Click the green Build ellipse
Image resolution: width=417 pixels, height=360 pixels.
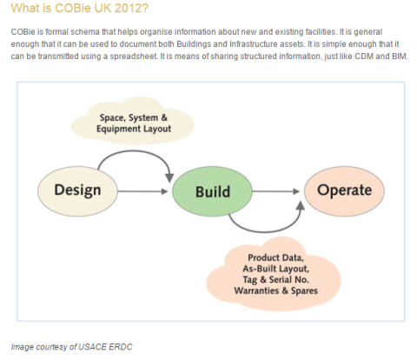point(212,191)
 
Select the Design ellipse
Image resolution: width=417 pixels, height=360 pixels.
point(77,191)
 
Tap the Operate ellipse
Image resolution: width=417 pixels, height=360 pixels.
point(344,191)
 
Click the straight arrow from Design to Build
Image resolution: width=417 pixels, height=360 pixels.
point(142,191)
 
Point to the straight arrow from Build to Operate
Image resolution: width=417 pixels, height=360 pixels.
point(276,191)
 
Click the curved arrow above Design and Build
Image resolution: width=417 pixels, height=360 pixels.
point(133,151)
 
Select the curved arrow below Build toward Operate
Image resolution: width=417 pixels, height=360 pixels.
point(265,231)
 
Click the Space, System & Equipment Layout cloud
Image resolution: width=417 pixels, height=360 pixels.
point(133,122)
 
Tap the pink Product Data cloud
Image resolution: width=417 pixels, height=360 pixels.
point(274,274)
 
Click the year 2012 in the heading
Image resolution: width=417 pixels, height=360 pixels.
point(131,8)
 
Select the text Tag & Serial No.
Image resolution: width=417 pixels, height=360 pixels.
point(275,279)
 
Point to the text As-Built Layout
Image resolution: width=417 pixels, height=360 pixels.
point(275,269)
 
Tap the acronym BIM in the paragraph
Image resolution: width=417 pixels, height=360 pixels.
point(400,56)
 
